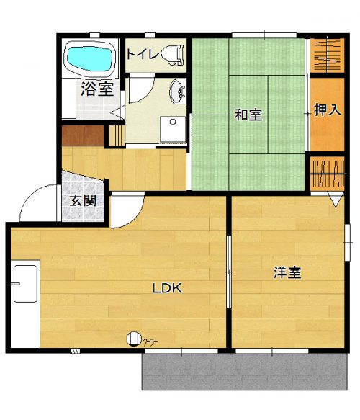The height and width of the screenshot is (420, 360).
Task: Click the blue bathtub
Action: (x=89, y=59)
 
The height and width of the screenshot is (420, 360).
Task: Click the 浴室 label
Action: (x=97, y=89)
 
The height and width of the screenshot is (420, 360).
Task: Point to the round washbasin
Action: (x=178, y=91)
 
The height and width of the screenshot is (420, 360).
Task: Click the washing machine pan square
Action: (x=173, y=129)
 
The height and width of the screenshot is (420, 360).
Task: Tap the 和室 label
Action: (x=248, y=115)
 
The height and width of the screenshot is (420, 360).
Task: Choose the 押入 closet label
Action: (x=328, y=110)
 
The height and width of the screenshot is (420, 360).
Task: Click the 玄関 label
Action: (x=83, y=200)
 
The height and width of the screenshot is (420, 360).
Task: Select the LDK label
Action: (x=167, y=288)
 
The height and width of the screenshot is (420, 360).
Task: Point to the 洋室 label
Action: (x=287, y=272)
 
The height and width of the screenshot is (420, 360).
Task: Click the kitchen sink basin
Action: (x=25, y=284)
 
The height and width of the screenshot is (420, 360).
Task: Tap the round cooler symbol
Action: (x=134, y=339)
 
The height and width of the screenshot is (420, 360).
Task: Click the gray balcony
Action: (x=244, y=372)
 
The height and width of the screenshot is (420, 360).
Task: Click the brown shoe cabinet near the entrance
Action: (x=83, y=135)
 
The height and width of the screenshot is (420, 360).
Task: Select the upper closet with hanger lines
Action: (x=327, y=55)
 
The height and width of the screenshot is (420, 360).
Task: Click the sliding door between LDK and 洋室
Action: (x=229, y=272)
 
